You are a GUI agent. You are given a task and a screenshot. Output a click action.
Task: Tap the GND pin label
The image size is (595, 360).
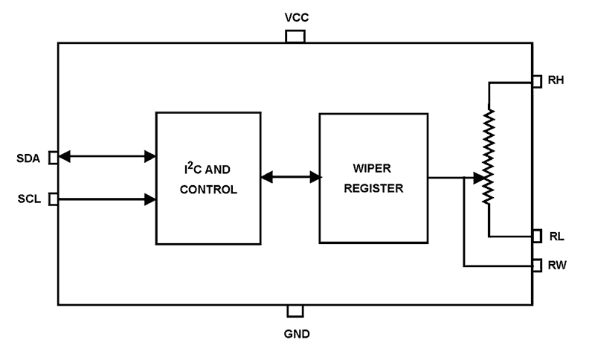296,333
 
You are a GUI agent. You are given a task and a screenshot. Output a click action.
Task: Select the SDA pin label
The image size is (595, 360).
29,158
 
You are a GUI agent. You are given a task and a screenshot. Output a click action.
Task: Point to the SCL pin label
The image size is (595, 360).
29,199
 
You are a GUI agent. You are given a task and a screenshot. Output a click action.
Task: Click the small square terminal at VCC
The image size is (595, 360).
295,36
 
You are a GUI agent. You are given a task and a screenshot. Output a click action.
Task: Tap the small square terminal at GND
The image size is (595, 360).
295,311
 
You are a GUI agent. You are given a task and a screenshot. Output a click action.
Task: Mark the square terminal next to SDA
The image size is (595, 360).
53,157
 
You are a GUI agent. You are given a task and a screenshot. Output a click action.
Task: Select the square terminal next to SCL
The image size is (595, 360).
53,199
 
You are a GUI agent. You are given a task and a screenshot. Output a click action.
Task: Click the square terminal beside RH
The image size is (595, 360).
537,81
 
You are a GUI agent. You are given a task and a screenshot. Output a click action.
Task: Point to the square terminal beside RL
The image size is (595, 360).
537,236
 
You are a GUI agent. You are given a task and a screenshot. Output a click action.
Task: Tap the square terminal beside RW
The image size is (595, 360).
537,265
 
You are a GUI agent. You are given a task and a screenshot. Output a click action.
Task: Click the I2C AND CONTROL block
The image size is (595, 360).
208,178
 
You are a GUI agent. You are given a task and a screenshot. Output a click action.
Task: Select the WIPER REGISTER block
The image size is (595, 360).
373,178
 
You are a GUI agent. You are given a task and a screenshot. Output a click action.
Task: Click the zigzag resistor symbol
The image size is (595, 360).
489,157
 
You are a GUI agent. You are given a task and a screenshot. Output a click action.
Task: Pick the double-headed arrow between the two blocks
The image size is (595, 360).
290,177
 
